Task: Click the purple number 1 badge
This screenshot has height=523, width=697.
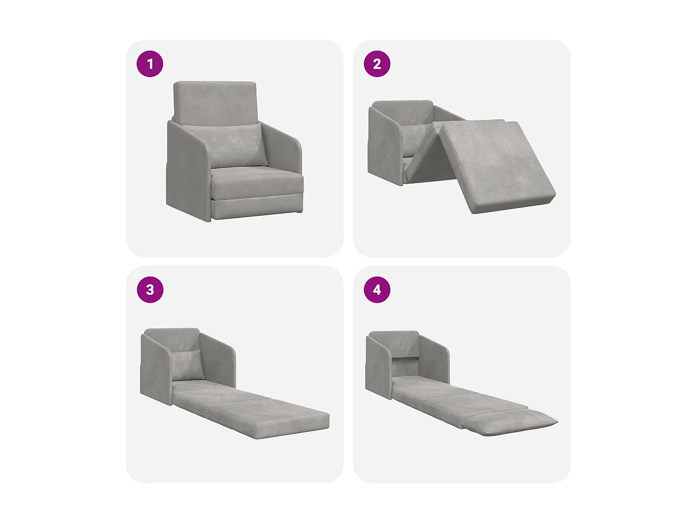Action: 150,64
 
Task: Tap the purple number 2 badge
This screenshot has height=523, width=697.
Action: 377,64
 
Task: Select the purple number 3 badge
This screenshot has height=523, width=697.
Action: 150,290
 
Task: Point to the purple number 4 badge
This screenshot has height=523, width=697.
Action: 377,290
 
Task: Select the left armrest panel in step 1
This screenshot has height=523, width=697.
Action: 186,172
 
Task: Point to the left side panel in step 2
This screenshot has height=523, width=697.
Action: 383,149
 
